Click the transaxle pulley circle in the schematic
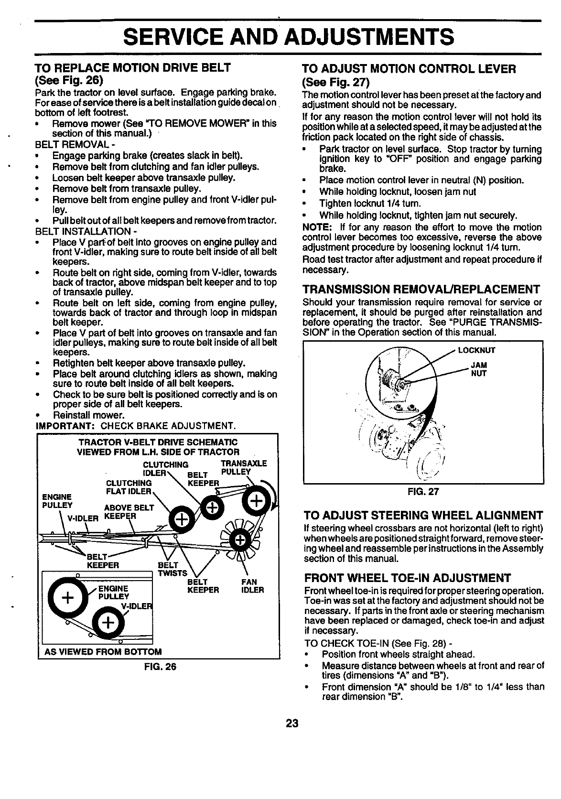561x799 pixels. tap(257, 501)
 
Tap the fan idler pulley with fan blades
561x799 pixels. tap(239, 539)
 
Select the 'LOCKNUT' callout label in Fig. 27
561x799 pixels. tap(476, 350)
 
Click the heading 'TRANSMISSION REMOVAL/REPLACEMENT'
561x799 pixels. tap(421, 290)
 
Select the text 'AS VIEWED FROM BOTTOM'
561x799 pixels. tap(103, 651)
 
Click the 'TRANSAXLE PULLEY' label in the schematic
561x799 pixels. tap(243, 467)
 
